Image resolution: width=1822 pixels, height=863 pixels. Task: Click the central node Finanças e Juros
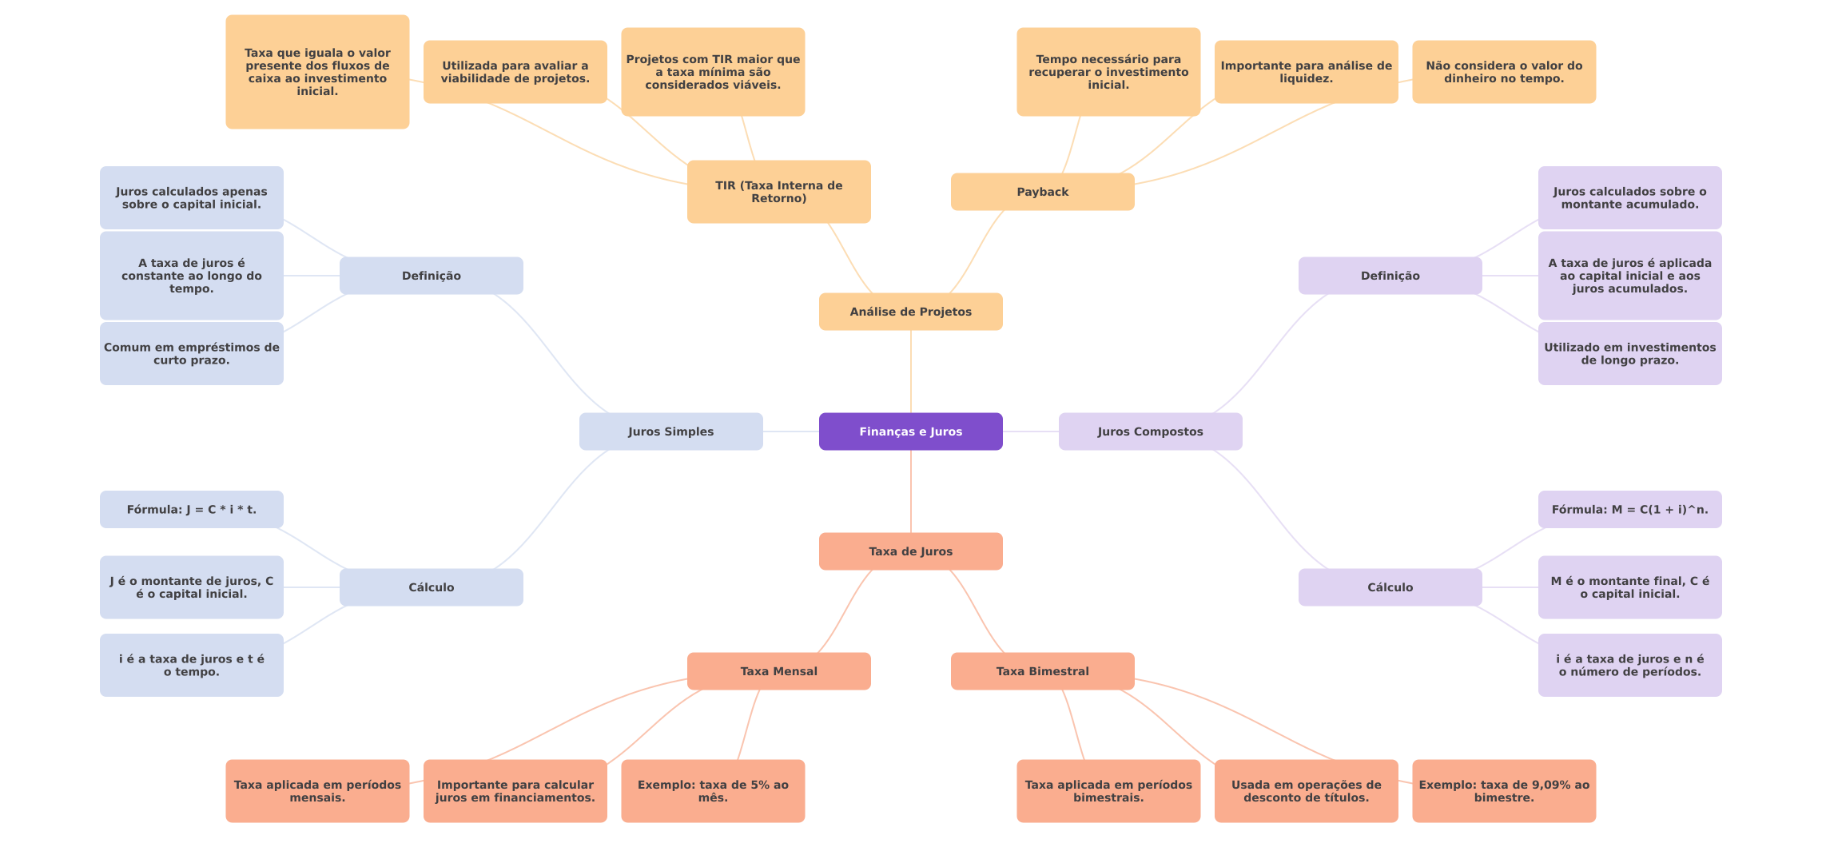[x=910, y=431]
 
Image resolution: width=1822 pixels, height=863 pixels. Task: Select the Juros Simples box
[x=670, y=431]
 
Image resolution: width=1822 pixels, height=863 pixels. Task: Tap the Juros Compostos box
[x=1150, y=431]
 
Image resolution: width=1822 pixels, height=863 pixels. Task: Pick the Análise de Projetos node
[x=910, y=312]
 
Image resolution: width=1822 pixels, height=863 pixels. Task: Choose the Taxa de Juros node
[x=910, y=551]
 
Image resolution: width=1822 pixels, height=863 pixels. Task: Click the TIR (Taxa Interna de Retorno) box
[x=778, y=192]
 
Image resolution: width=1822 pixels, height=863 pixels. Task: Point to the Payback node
[x=1042, y=192]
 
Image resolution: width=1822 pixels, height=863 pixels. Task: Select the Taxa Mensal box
[x=778, y=671]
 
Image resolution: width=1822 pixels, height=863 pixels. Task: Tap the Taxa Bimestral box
[x=1042, y=671]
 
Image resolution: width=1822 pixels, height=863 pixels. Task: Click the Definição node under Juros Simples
[x=431, y=276]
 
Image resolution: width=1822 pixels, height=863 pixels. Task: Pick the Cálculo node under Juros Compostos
[x=1390, y=587]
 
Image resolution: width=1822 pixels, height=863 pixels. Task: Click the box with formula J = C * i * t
[x=191, y=510]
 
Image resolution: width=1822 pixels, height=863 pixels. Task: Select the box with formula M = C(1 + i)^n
[x=1629, y=510]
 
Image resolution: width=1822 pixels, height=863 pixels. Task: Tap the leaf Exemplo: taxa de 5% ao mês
[x=713, y=791]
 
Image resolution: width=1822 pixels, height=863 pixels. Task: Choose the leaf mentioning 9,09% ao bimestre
[x=1504, y=791]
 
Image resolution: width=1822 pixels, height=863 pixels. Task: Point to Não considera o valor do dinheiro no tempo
[x=1504, y=72]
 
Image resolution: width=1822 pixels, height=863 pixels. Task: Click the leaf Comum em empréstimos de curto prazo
[x=191, y=353]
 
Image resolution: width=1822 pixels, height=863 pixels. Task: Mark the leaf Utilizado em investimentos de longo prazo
[x=1629, y=353]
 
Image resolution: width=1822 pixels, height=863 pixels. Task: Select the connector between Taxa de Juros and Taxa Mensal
[x=845, y=611]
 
